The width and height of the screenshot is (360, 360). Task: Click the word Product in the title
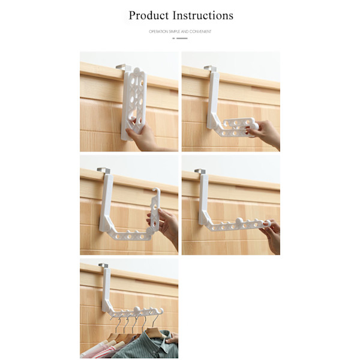[x=149, y=16]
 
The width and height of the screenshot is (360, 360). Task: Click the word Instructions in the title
[x=203, y=16]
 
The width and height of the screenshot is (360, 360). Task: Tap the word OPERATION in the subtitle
[x=158, y=32]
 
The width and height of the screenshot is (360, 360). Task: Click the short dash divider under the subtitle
[x=180, y=38]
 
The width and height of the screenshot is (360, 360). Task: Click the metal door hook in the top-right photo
[x=211, y=69]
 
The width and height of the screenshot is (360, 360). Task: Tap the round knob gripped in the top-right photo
[x=255, y=127]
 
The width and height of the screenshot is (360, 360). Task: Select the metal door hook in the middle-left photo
[x=104, y=170]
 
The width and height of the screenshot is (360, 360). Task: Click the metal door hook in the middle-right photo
[x=200, y=171]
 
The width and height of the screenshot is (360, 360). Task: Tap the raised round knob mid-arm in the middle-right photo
[x=239, y=221]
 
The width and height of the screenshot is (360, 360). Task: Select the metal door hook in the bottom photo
[x=104, y=266]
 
